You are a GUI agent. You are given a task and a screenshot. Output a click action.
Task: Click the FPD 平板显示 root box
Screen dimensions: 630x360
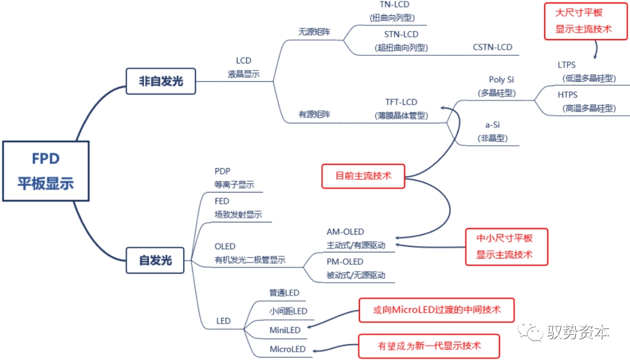point(46,171)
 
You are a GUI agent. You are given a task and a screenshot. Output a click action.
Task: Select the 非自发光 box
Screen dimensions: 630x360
point(161,81)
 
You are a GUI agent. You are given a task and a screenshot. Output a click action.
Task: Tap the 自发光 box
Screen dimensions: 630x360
point(155,260)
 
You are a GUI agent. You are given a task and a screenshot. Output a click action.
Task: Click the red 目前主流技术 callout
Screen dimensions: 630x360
point(363,176)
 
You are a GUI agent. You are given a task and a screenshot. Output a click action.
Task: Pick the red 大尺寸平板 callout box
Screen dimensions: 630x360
point(586,21)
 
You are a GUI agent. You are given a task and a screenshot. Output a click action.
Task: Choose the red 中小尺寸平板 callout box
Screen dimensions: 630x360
point(506,247)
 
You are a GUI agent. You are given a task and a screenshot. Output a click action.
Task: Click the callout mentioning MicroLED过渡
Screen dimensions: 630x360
point(436,310)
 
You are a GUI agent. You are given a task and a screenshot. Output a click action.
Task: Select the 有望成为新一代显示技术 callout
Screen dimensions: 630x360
point(429,346)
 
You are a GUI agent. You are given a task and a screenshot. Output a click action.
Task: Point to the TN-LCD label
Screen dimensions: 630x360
point(394,5)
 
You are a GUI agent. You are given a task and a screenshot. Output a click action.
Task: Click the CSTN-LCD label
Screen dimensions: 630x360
point(492,47)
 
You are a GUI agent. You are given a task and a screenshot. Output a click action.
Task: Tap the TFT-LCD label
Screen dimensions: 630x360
point(401,102)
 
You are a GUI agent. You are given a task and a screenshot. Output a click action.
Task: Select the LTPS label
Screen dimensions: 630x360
point(566,65)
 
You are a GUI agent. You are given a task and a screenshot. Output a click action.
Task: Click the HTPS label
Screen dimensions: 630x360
point(568,95)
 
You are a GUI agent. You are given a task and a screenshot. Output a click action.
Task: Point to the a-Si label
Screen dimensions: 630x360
point(492,124)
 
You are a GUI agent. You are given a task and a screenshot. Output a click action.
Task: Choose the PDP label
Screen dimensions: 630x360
point(222,171)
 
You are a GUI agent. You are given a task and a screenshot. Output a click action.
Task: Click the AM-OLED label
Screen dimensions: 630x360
point(345,232)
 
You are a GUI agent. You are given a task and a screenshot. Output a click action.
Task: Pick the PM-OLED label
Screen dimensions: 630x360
point(345,261)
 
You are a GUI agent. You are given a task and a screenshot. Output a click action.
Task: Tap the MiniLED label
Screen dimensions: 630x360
point(285,330)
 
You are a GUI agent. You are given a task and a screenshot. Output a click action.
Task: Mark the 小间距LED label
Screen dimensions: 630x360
point(288,311)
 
